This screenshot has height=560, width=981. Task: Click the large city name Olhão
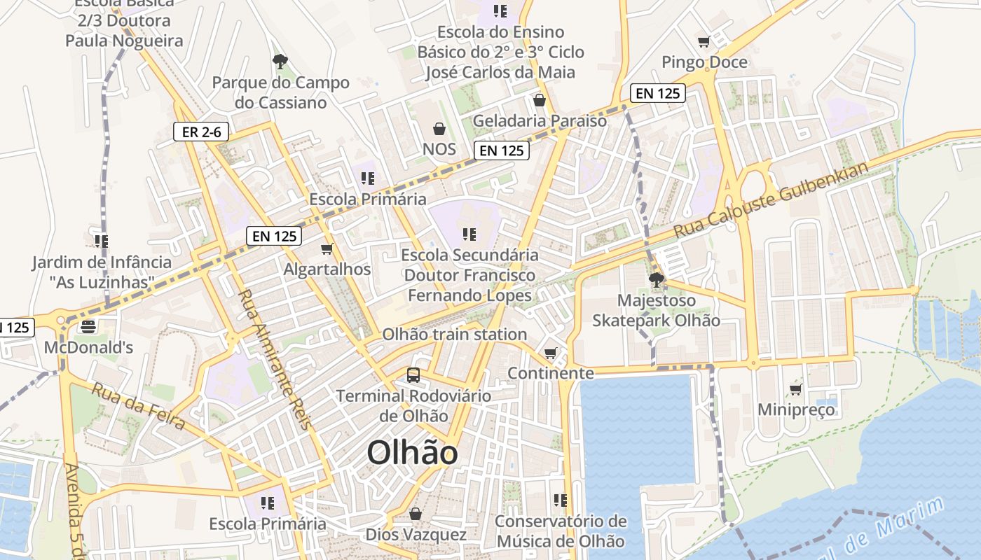(412, 453)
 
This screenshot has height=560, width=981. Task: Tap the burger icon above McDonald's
(88, 326)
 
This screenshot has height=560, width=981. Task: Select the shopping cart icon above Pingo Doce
(704, 42)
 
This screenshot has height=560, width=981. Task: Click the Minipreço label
(796, 409)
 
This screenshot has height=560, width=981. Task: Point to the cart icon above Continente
(551, 353)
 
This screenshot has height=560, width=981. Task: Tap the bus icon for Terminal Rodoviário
(413, 375)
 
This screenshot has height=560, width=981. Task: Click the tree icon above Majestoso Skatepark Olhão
(657, 281)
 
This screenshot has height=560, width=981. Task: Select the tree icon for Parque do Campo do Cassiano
(280, 62)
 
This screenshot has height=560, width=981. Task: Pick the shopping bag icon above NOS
(439, 129)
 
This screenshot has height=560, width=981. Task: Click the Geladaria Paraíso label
(540, 120)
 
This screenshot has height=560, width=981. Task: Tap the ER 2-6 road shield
(201, 132)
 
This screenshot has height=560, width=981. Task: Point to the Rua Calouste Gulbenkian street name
(771, 199)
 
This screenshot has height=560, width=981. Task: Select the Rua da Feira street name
(138, 407)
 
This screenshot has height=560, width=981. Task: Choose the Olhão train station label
(454, 335)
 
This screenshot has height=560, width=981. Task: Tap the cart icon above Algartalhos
(327, 248)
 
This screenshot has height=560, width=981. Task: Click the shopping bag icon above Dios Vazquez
(416, 514)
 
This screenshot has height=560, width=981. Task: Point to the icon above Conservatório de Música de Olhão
(560, 500)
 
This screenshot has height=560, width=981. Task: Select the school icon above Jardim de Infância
(102, 241)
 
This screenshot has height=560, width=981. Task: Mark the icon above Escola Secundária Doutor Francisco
(469, 234)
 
